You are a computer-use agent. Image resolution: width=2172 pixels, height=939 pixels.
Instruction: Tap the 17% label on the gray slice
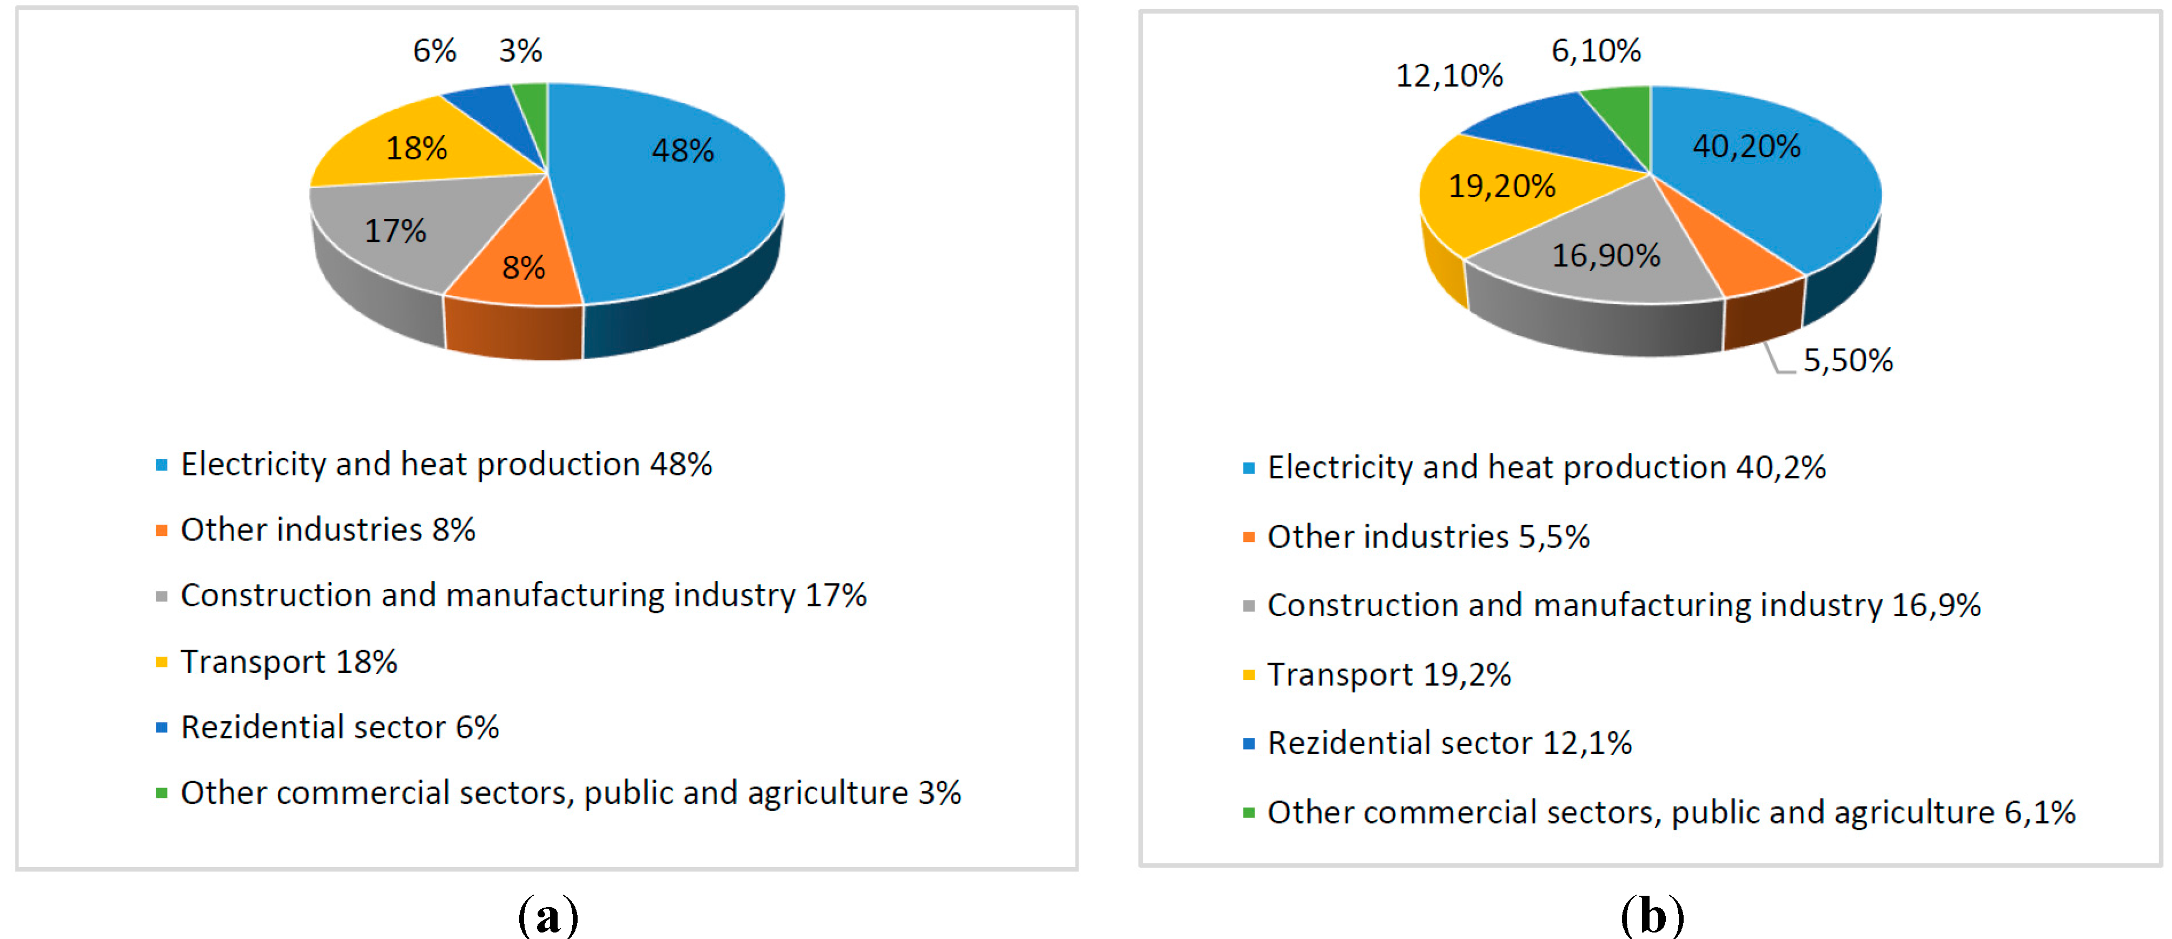pyautogui.click(x=395, y=231)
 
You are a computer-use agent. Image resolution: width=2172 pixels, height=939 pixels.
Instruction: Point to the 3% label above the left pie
pyautogui.click(x=520, y=51)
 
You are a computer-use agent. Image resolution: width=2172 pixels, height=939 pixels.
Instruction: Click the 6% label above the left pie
pyautogui.click(x=434, y=51)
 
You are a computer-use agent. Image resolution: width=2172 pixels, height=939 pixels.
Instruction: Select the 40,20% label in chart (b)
pyautogui.click(x=1746, y=147)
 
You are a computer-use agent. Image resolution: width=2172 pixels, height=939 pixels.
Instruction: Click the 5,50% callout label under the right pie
pyautogui.click(x=1847, y=361)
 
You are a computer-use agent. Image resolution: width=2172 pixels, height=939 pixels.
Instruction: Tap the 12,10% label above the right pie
pyautogui.click(x=1448, y=76)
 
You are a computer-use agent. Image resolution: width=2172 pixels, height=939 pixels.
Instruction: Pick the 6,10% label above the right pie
pyautogui.click(x=1596, y=51)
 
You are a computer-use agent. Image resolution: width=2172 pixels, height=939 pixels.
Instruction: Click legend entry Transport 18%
pyautogui.click(x=288, y=662)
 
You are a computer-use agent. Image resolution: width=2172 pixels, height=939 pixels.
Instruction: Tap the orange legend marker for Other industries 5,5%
pyautogui.click(x=1249, y=537)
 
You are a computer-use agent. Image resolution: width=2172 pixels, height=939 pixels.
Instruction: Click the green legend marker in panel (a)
pyautogui.click(x=161, y=792)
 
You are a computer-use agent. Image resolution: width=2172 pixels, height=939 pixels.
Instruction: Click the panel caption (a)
pyautogui.click(x=548, y=915)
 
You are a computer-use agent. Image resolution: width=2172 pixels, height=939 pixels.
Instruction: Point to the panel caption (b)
pyautogui.click(x=1651, y=915)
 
